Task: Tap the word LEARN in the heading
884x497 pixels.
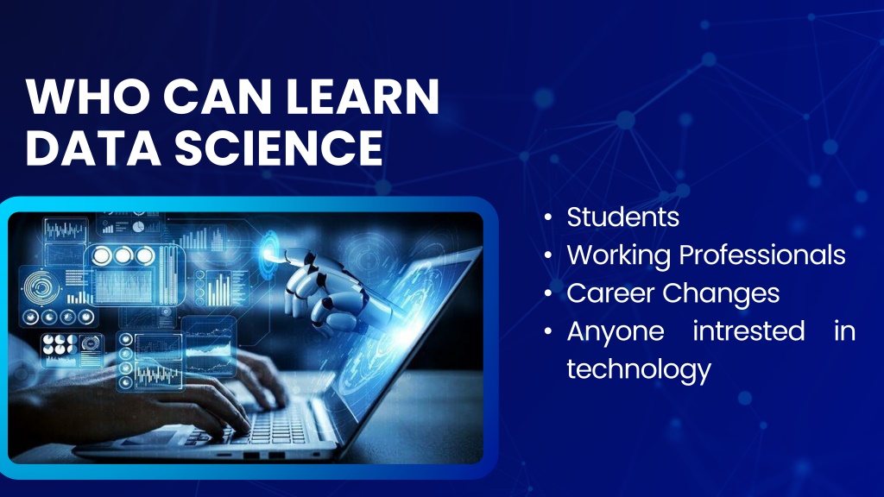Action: pyautogui.click(x=363, y=97)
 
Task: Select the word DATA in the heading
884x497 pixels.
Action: pyautogui.click(x=93, y=148)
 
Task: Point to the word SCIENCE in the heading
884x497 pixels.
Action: pyautogui.click(x=279, y=148)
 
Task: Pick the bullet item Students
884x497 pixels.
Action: pyautogui.click(x=623, y=217)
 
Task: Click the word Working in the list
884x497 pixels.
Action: pyautogui.click(x=619, y=255)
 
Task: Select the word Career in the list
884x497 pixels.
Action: pyautogui.click(x=610, y=293)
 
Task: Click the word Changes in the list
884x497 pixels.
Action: pyautogui.click(x=721, y=293)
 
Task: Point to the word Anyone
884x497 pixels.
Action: pyautogui.click(x=615, y=331)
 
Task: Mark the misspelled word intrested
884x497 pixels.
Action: pyautogui.click(x=748, y=330)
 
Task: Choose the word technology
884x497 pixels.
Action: pyautogui.click(x=639, y=369)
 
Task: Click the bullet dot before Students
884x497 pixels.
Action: pyautogui.click(x=548, y=217)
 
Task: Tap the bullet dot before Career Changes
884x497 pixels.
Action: pyautogui.click(x=548, y=293)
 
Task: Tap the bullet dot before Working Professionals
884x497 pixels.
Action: pyautogui.click(x=548, y=255)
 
